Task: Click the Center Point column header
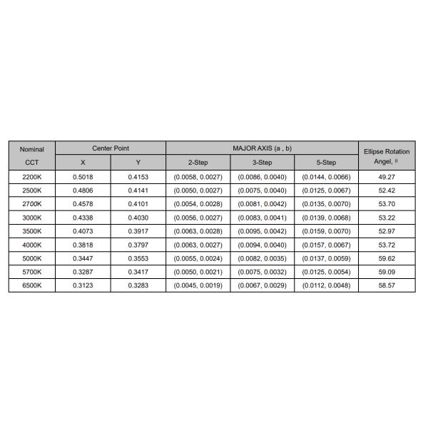111,148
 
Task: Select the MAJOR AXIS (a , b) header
263,148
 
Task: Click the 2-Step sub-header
198,163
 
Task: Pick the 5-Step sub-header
326,163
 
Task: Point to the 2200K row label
31,177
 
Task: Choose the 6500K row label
31,285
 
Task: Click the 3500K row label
31,231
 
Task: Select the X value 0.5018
83,177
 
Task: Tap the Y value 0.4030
138,218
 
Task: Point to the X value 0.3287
83,272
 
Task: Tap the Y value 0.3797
138,245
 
